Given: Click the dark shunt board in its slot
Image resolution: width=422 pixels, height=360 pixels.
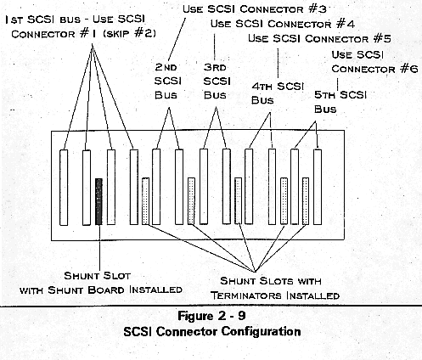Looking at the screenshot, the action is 98,201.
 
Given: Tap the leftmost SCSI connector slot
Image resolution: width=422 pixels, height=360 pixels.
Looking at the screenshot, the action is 64,188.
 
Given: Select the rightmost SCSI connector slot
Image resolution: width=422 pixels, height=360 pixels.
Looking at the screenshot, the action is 318,187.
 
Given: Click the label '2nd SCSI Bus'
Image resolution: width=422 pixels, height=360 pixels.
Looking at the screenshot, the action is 168,82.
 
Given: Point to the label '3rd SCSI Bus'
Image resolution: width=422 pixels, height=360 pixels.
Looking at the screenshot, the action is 217,82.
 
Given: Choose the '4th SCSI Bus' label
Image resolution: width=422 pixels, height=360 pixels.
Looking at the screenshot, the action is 278,93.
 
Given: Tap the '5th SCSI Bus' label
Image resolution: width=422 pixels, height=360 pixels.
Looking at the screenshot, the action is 340,102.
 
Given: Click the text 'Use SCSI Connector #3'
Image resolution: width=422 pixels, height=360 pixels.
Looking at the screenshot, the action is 255,9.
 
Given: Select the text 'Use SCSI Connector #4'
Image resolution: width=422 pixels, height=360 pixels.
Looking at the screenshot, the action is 283,24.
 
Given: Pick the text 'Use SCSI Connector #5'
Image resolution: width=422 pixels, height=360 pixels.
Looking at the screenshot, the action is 319,38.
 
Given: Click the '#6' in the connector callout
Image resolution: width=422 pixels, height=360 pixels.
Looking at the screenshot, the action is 409,69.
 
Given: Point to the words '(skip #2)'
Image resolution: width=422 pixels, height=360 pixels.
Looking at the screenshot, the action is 129,34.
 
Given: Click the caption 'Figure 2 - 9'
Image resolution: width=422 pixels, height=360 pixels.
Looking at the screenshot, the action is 211,316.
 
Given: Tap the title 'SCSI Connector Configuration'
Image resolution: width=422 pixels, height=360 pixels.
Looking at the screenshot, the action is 212,331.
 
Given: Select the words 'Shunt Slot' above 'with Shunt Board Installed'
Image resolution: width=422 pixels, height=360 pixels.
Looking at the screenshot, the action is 97,276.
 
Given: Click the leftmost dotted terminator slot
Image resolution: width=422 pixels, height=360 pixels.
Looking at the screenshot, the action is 145,201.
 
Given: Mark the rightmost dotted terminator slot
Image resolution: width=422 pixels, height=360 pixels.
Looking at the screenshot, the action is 306,201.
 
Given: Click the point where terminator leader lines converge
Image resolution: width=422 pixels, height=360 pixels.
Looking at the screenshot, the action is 255,272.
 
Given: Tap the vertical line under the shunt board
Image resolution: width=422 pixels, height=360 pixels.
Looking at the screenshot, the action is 99,247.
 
